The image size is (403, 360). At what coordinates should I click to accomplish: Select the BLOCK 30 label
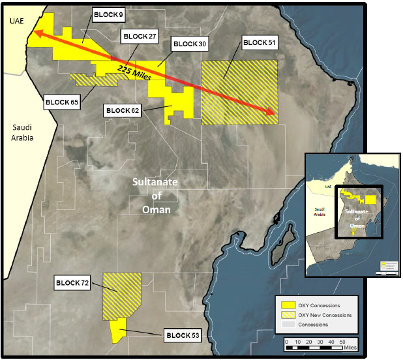189,44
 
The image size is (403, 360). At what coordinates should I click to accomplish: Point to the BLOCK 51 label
259,43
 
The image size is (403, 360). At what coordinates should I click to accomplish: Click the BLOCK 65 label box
62,102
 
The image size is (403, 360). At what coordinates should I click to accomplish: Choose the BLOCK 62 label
122,111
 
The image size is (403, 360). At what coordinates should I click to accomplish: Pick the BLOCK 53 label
183,336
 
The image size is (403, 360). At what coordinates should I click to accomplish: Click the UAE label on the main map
16,22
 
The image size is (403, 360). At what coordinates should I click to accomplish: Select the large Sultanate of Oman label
157,196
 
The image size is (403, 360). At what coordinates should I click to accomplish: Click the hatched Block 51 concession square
239,92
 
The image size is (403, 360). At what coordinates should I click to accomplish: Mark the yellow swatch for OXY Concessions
288,305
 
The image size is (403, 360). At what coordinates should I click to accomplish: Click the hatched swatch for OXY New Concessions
288,315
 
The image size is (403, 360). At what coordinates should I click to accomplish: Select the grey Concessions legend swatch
288,324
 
